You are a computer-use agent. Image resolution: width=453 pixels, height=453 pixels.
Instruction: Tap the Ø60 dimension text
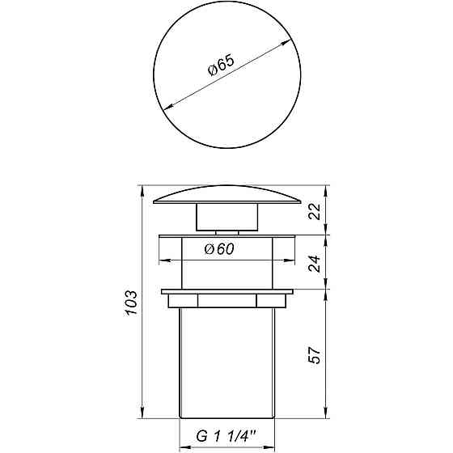point(220,250)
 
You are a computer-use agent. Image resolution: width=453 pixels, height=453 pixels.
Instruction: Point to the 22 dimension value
point(316,211)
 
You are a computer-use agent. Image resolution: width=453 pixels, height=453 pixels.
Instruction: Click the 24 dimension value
point(316,262)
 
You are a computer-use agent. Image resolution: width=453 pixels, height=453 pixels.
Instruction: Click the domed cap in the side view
point(226,197)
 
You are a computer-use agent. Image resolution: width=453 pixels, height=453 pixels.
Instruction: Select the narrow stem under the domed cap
point(226,218)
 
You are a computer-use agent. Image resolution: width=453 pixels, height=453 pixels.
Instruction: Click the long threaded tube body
point(226,364)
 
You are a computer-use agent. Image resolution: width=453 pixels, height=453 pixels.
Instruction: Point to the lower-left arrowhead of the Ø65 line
point(166,106)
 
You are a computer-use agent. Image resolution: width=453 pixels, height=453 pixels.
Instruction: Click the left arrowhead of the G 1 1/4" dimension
point(182,445)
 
